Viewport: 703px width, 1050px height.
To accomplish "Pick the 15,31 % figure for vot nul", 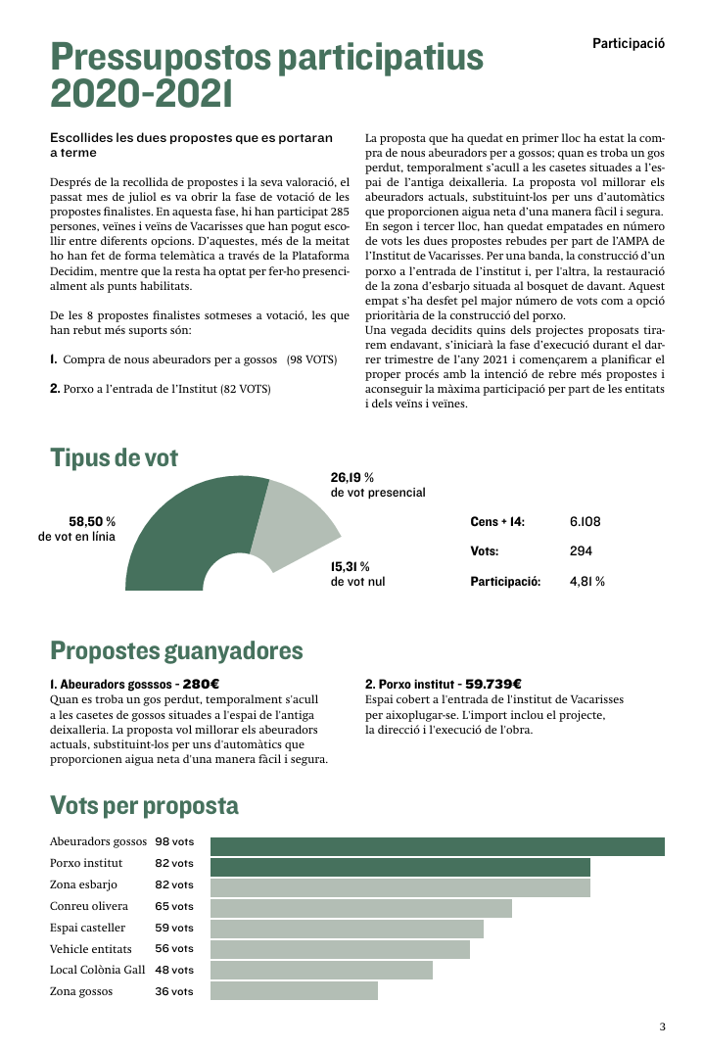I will click(350, 566).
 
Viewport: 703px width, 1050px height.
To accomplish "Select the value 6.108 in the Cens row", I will click(585, 522).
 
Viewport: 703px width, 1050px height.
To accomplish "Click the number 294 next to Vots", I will click(581, 551).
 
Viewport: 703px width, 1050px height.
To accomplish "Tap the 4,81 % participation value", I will click(586, 582).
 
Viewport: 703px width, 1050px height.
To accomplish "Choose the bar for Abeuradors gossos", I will click(437, 846).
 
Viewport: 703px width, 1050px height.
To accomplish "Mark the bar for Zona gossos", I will click(294, 991).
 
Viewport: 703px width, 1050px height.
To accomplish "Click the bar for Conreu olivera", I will click(360, 908).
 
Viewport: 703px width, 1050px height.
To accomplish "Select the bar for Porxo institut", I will click(399, 867).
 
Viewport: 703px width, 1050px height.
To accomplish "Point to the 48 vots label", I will click(174, 970).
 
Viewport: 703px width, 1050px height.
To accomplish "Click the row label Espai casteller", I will click(87, 928).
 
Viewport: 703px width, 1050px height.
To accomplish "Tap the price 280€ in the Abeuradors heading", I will click(200, 684).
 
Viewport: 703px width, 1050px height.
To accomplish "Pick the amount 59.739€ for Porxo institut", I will click(492, 684).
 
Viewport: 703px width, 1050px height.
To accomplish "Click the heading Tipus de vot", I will click(114, 457).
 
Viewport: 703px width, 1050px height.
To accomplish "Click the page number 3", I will click(662, 1026).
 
